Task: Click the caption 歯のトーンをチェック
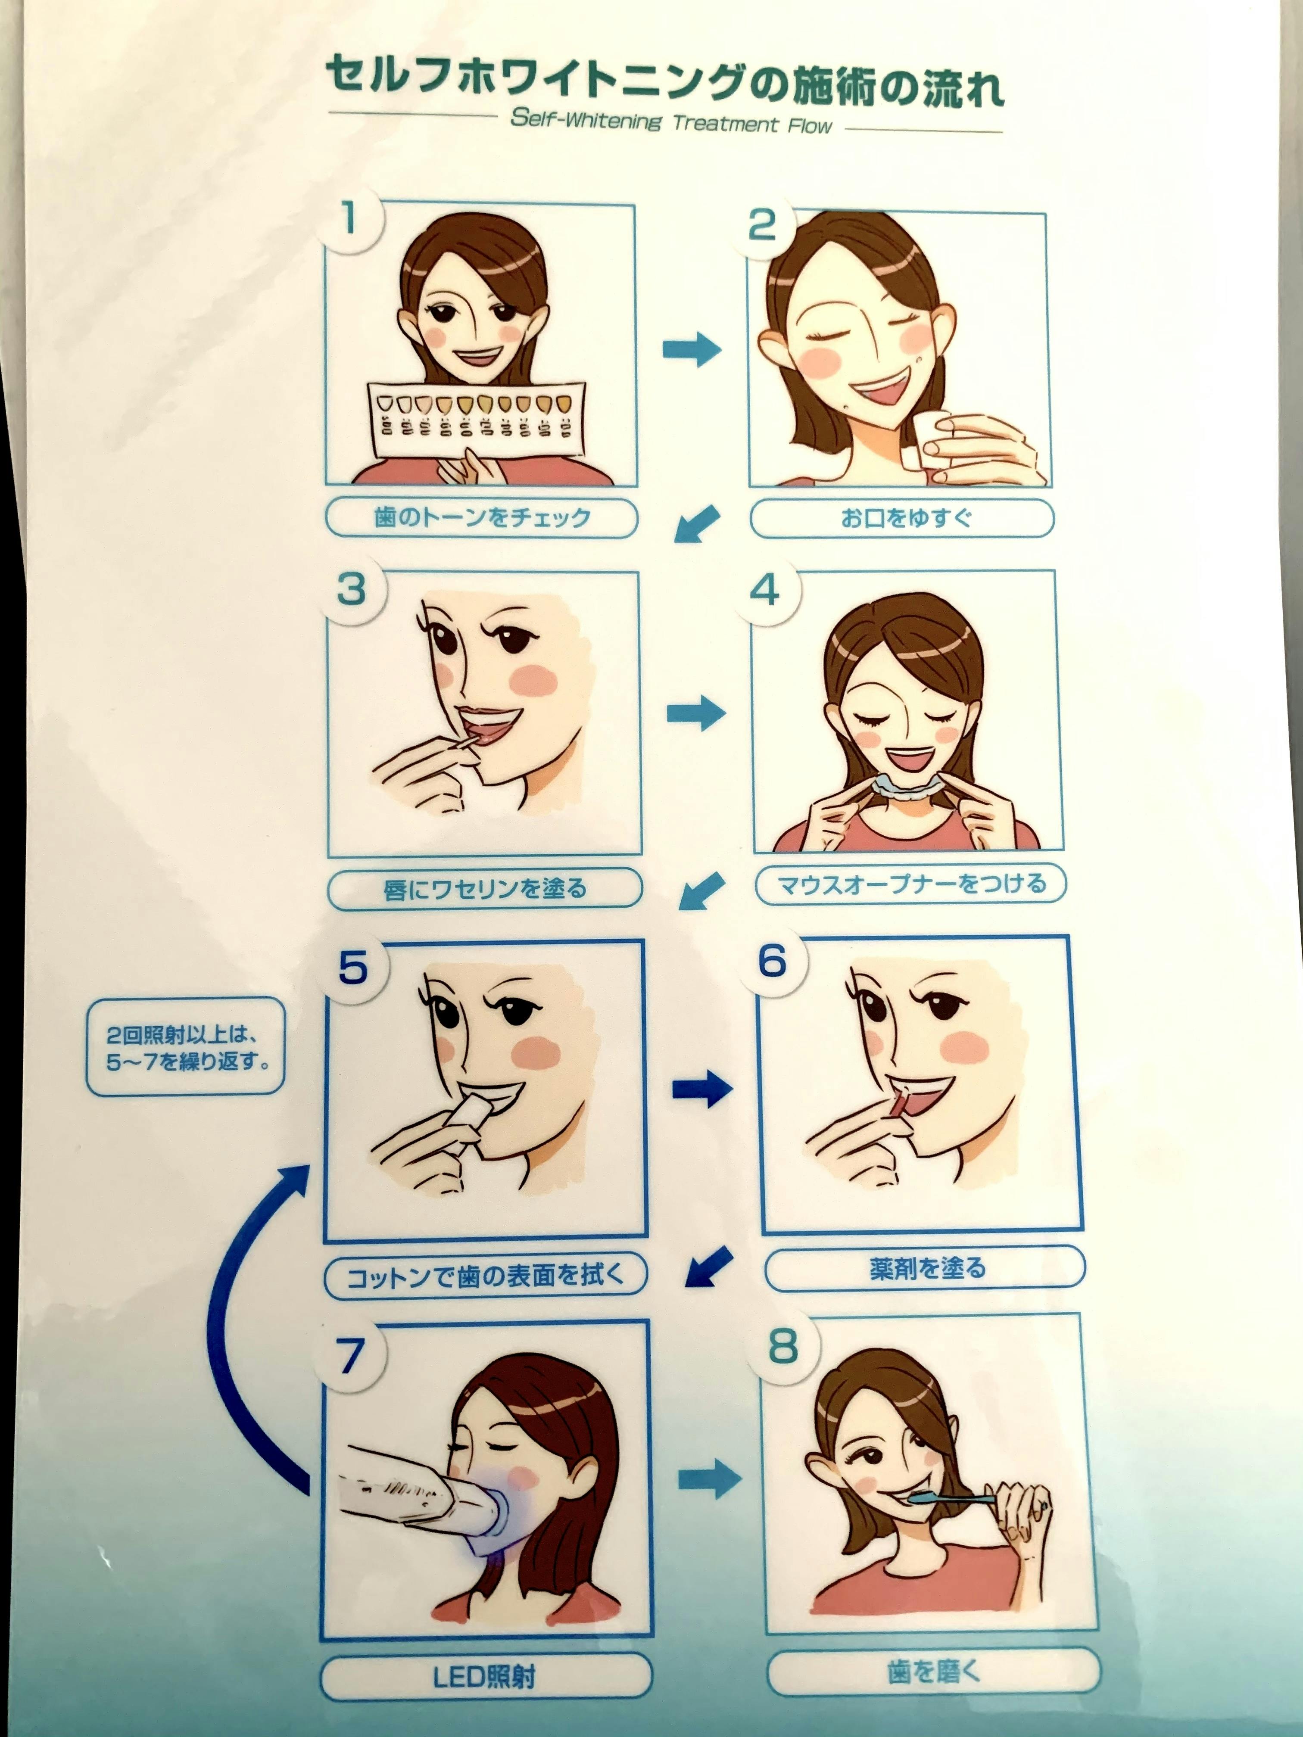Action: click(481, 517)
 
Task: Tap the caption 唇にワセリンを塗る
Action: click(485, 889)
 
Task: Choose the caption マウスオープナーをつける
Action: click(911, 884)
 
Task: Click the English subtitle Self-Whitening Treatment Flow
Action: click(671, 122)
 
